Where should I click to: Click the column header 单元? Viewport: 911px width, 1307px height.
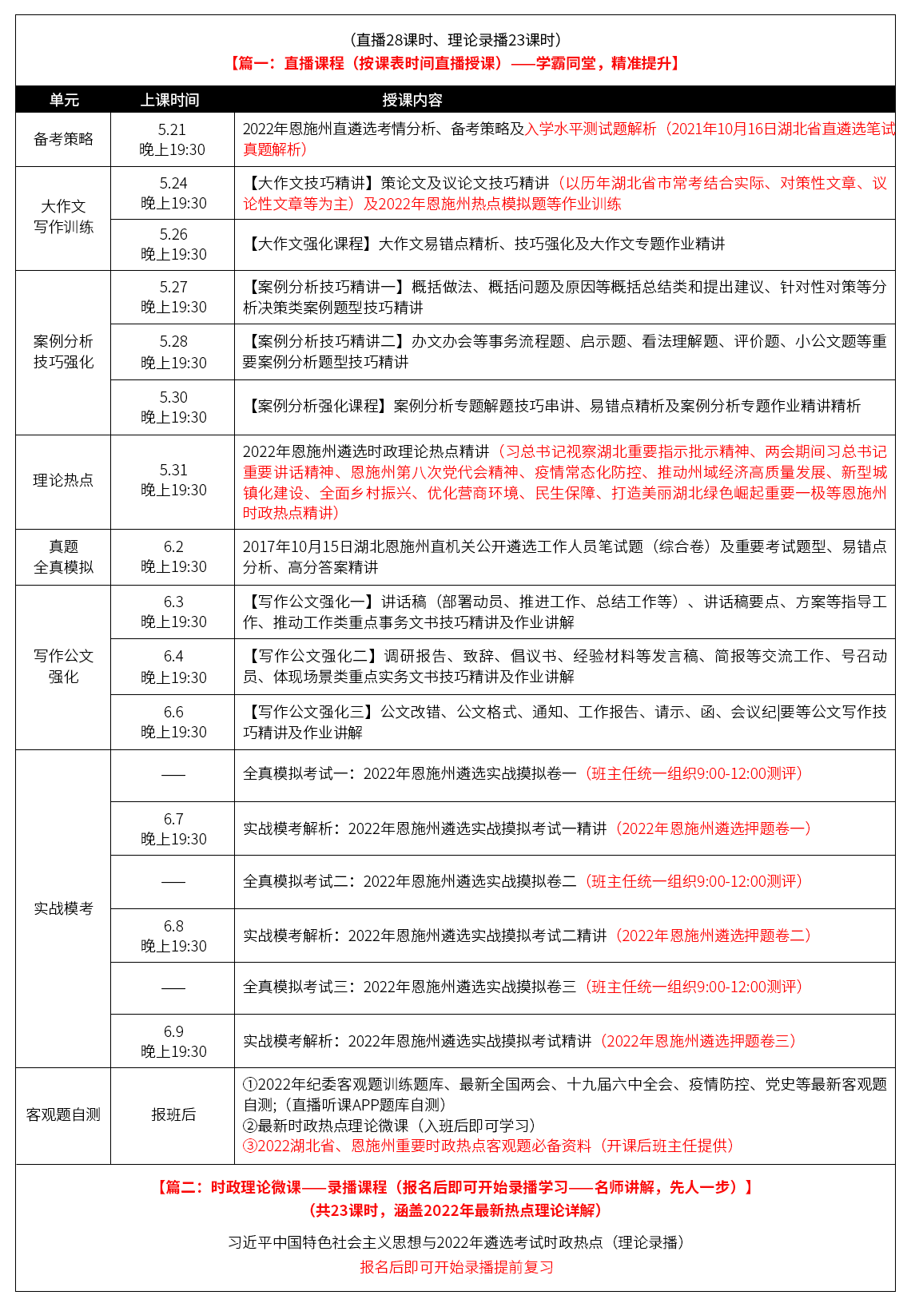(64, 100)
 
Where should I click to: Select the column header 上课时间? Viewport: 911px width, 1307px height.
(170, 100)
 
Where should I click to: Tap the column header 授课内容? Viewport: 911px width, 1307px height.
(412, 100)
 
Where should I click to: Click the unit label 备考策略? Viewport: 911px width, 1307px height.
(63, 139)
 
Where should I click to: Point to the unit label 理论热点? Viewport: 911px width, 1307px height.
(63, 480)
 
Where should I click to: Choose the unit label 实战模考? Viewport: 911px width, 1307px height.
(63, 908)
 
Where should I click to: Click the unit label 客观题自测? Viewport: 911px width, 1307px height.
(63, 1114)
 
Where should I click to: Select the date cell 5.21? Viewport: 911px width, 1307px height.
(172, 129)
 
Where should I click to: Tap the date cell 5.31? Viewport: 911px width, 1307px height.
(173, 470)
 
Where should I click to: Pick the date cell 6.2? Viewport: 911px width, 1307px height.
(173, 546)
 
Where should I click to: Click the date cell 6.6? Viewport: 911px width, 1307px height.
(173, 712)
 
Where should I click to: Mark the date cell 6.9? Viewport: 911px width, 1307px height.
(173, 1031)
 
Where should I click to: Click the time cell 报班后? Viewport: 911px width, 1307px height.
(173, 1114)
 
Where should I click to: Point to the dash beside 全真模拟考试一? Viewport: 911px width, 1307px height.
(173, 775)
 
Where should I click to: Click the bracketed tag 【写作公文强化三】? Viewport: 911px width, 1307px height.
(311, 712)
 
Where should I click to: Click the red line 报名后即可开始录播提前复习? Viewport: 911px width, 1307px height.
(456, 1267)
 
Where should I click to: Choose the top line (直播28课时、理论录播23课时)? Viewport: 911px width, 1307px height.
(455, 40)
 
